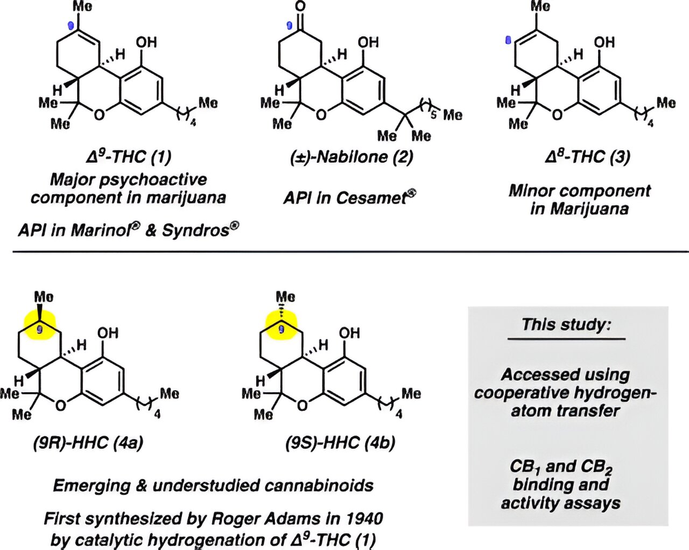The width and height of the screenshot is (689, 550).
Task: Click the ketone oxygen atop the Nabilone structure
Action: coord(300,7)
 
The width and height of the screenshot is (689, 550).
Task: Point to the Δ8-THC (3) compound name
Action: coord(587,157)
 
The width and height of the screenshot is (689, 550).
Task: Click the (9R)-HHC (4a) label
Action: coord(88,443)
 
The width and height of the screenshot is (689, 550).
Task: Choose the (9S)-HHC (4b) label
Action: coord(340,443)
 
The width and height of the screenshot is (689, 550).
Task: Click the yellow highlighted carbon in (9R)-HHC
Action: coord(39,325)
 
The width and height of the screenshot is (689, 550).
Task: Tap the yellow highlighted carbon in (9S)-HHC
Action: coord(281,325)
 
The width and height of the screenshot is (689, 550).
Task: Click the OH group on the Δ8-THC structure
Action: coord(604,42)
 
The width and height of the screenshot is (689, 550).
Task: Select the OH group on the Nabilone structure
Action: coord(368,42)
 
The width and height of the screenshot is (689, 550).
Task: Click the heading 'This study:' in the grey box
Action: coord(566,325)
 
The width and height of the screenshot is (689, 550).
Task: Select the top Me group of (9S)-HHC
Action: coord(285,297)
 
